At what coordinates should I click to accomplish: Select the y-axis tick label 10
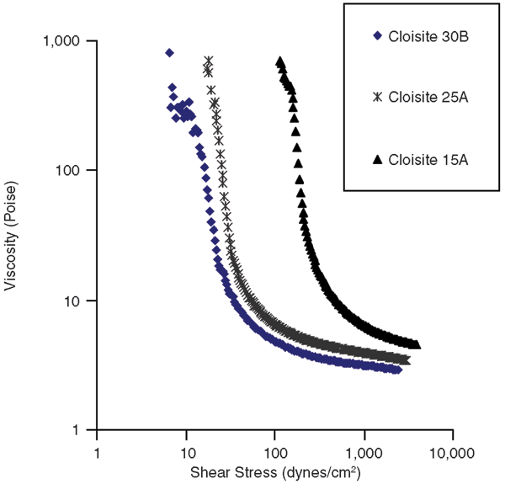coord(72,301)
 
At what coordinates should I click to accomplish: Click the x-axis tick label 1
coord(97,451)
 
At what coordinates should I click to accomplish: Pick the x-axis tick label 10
coord(185,451)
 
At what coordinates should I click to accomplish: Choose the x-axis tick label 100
coord(274,451)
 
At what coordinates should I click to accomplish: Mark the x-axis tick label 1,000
coord(364,451)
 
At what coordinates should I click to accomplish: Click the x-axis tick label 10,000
coord(452,451)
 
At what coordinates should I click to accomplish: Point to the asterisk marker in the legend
coord(377,97)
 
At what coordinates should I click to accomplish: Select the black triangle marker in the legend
coord(377,159)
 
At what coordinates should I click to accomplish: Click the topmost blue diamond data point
coord(169,52)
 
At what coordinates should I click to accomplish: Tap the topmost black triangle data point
coord(279,61)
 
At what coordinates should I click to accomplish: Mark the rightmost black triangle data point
coord(417,345)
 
